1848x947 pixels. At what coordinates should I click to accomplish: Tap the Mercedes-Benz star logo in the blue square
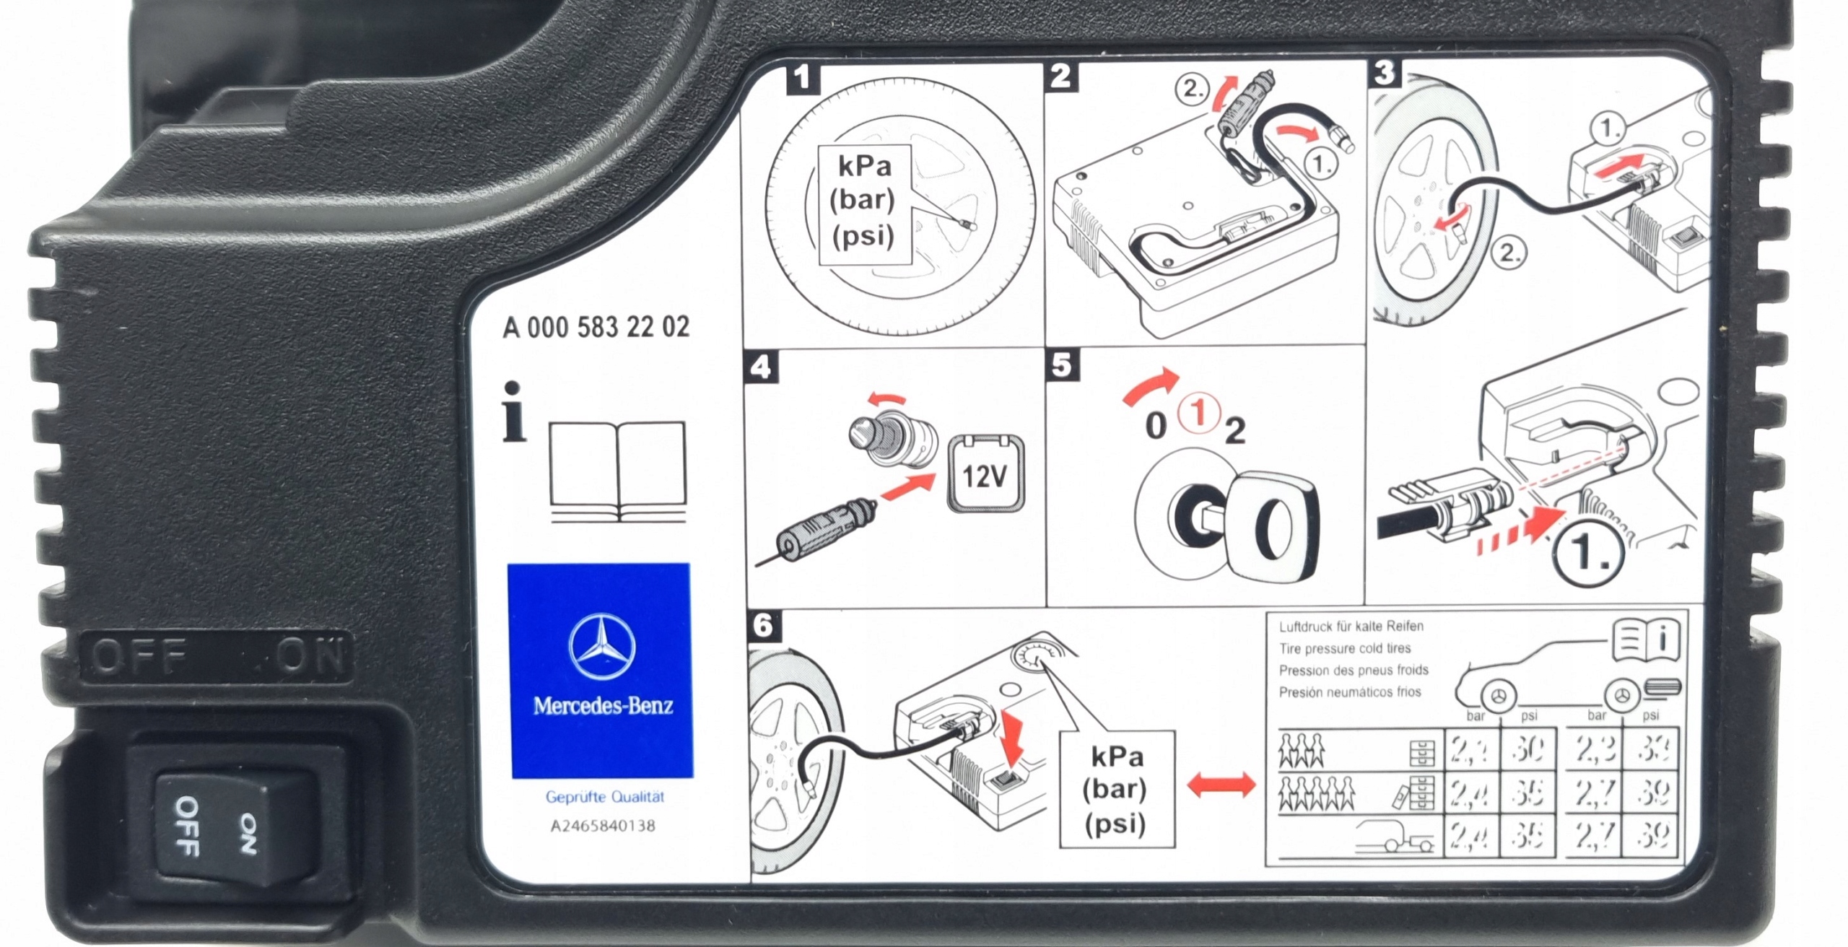(x=602, y=647)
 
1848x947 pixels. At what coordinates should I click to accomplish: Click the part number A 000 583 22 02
(x=596, y=327)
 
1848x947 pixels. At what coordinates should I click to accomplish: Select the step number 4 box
(x=761, y=367)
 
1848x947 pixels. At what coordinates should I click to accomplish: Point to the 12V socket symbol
(x=985, y=473)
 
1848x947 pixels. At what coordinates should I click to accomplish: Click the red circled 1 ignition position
(x=1198, y=414)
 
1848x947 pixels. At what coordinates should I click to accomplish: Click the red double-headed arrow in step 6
(x=1221, y=785)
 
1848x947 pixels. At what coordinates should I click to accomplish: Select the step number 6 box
(x=764, y=625)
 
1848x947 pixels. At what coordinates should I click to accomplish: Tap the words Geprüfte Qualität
(x=604, y=797)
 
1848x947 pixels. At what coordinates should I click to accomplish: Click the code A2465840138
(x=603, y=826)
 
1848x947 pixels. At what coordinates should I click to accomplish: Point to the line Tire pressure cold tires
(x=1344, y=648)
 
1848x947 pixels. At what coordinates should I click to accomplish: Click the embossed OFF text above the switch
(x=137, y=657)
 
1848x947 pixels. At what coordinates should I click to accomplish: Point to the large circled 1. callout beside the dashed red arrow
(x=1585, y=553)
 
